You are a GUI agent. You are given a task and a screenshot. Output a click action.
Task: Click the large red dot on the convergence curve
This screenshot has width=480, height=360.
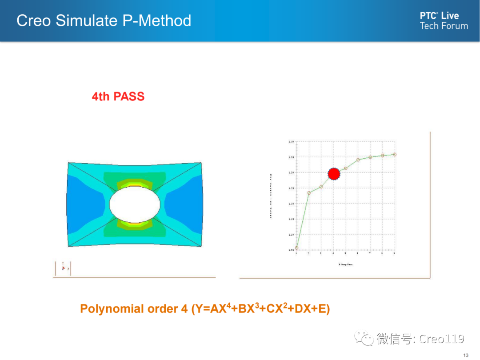coord(334,174)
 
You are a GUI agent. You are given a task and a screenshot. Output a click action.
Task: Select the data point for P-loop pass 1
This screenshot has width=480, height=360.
coord(296,248)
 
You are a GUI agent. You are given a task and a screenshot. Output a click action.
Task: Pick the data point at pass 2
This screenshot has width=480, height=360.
coord(309,193)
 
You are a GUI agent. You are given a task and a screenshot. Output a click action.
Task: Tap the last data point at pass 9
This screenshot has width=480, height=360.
coord(395,154)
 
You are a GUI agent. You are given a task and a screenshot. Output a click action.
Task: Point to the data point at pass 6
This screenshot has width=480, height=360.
coord(358,160)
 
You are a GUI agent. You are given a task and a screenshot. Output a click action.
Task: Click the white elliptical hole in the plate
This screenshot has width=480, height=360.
coord(135,204)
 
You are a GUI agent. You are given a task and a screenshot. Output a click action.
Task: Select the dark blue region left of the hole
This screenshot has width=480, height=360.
coord(82,202)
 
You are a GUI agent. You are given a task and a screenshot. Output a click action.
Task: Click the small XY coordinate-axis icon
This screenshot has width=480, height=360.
coord(63,268)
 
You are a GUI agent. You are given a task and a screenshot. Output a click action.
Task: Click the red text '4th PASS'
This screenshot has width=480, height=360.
coord(118,96)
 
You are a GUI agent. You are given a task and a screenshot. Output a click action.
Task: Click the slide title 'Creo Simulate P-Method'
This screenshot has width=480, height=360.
coord(104,20)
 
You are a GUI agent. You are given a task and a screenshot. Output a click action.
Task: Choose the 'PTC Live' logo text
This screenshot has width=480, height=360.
coord(439,16)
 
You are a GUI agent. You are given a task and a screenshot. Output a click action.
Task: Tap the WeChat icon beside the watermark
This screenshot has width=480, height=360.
coord(367,339)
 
